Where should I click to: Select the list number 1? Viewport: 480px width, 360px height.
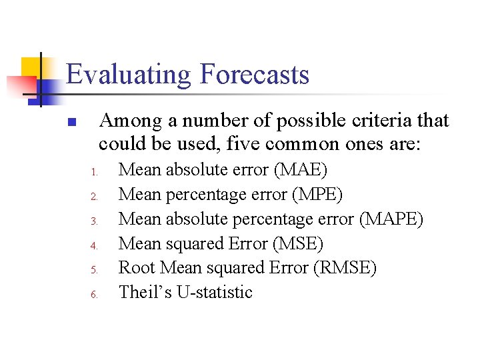pyautogui.click(x=94, y=172)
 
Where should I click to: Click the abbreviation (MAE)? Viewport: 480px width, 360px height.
pyautogui.click(x=301, y=170)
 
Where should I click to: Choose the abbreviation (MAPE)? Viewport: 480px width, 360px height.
pyautogui.click(x=391, y=219)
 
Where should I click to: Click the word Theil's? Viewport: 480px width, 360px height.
pyautogui.click(x=145, y=292)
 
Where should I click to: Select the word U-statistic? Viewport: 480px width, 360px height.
pyautogui.click(x=215, y=292)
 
